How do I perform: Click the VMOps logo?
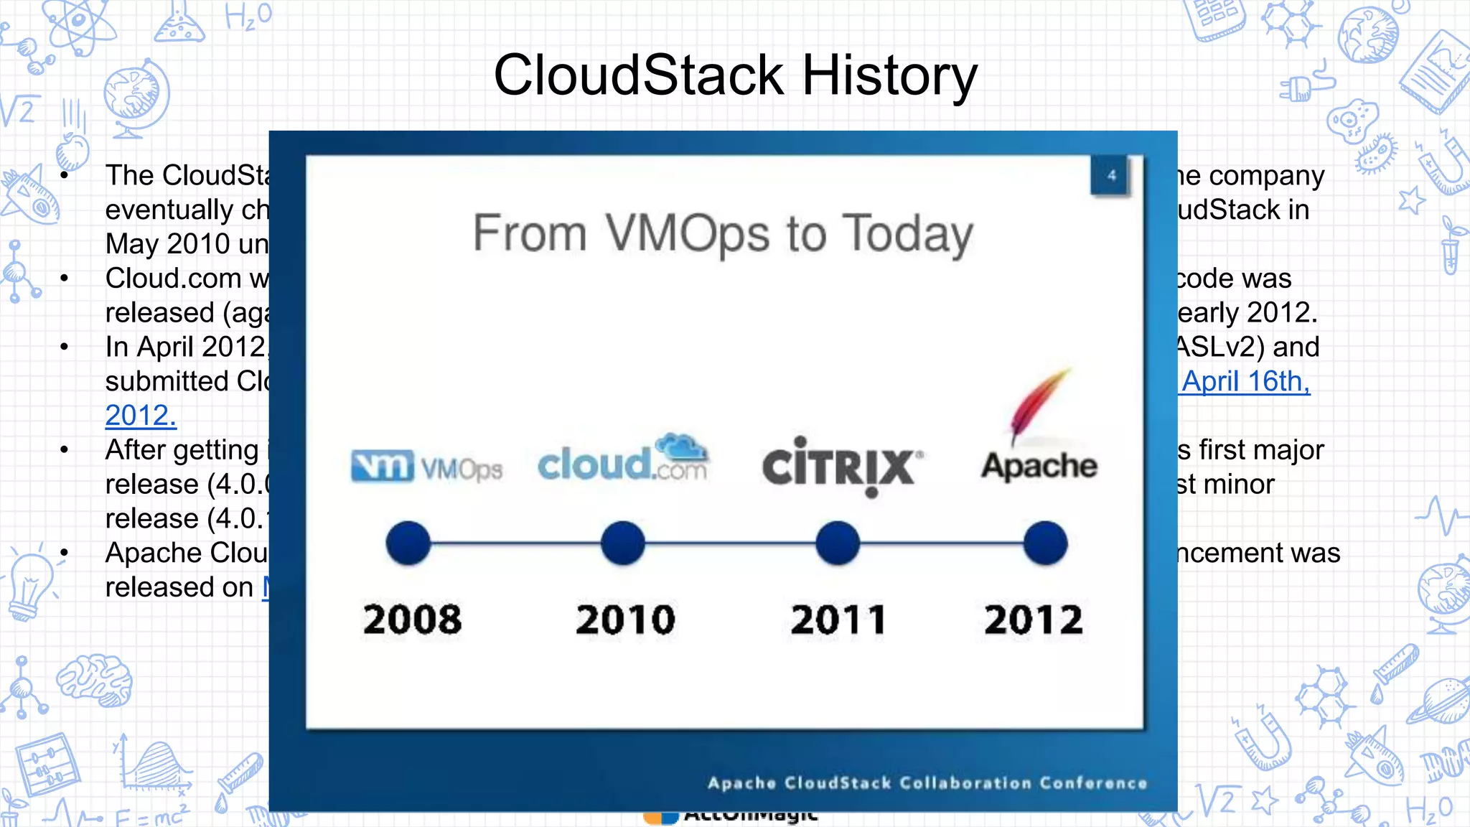pyautogui.click(x=426, y=467)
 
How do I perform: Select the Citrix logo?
pyautogui.click(x=841, y=467)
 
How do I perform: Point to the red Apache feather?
pyautogui.click(x=1039, y=406)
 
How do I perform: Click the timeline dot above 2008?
pyautogui.click(x=408, y=543)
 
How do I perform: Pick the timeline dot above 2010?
pyautogui.click(x=622, y=543)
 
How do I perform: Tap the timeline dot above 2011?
pyautogui.click(x=837, y=543)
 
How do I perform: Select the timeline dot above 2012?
pyautogui.click(x=1045, y=543)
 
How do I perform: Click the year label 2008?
pyautogui.click(x=412, y=620)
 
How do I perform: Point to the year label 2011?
pyautogui.click(x=838, y=620)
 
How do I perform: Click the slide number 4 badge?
pyautogui.click(x=1110, y=175)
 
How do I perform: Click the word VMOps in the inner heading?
pyautogui.click(x=688, y=234)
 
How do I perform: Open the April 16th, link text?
pyautogui.click(x=1245, y=381)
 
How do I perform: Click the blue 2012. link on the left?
pyautogui.click(x=141, y=416)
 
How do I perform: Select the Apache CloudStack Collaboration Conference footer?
pyautogui.click(x=927, y=782)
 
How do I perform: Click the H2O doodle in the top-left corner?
pyautogui.click(x=248, y=16)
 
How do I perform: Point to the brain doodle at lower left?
pyautogui.click(x=95, y=679)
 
